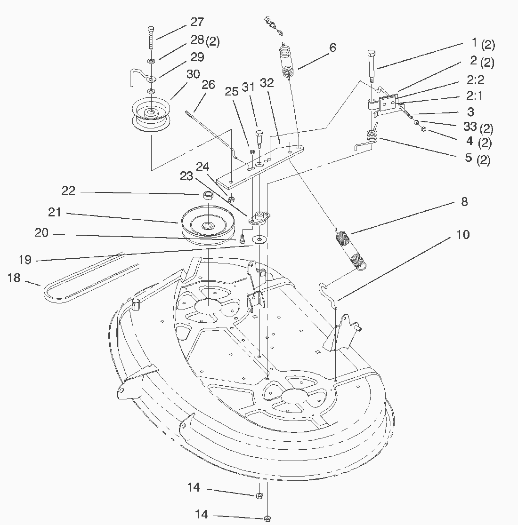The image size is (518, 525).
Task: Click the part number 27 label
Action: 197,22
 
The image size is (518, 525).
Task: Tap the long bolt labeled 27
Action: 150,37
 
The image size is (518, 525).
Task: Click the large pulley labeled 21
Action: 206,225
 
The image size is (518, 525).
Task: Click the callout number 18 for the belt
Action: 14,278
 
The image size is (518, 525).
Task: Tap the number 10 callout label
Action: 463,235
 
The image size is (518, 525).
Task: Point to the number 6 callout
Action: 332,48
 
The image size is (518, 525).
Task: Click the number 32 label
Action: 267,84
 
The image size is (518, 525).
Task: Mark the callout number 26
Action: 208,85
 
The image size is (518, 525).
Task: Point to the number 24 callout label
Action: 202,167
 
